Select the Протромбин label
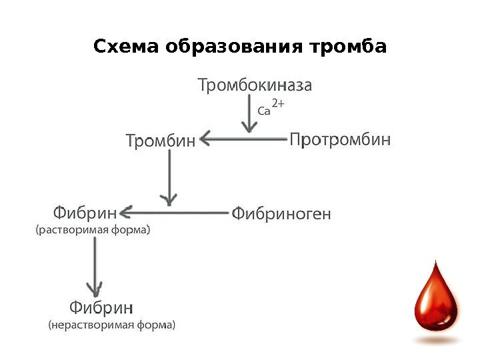click(x=340, y=140)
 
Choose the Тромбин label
click(x=161, y=141)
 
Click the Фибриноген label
click(x=281, y=214)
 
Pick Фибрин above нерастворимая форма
click(x=102, y=308)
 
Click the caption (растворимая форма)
click(x=93, y=231)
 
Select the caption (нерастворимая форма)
click(x=113, y=326)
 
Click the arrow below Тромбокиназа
click(x=249, y=116)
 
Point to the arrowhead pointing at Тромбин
click(x=205, y=139)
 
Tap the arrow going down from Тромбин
click(x=169, y=177)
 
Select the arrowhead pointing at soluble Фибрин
click(x=125, y=212)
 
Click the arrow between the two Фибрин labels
click(x=95, y=267)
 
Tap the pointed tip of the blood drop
click(x=436, y=263)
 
